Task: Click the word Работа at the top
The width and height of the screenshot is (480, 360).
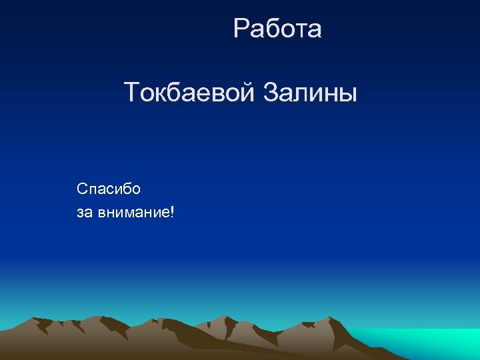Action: coord(277,29)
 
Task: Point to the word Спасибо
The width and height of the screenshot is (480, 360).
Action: coord(109,189)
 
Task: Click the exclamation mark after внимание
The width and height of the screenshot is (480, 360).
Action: coord(173,213)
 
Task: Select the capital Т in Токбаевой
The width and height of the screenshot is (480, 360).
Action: coord(131,93)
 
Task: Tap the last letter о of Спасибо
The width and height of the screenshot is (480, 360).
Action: coord(136,189)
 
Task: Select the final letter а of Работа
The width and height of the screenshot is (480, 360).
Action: coord(315,31)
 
